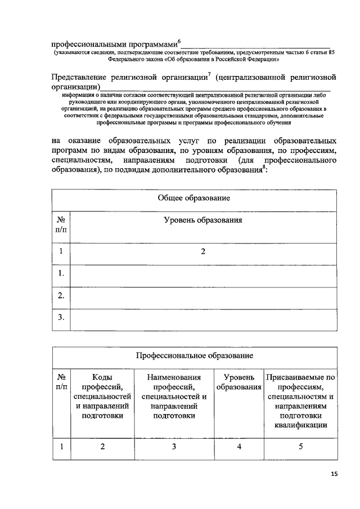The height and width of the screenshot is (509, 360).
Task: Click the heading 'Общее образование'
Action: coord(195,199)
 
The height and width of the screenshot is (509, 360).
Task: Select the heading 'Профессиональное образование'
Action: coord(195,355)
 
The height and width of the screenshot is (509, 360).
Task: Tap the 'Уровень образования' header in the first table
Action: coord(203,220)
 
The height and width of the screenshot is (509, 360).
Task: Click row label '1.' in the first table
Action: coord(62,273)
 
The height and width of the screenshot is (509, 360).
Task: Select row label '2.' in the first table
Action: coord(62,295)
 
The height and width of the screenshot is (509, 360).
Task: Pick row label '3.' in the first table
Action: coord(62,318)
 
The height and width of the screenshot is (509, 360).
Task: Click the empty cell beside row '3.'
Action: coord(203,318)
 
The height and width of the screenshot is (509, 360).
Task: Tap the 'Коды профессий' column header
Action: coord(102,396)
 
